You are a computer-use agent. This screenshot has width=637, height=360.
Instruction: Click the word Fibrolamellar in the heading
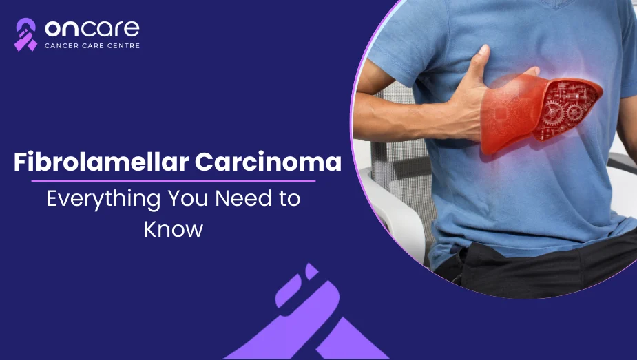pos(101,162)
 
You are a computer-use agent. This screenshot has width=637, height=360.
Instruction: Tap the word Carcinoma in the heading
pos(268,162)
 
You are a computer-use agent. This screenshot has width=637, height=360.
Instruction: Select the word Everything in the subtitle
pos(103,200)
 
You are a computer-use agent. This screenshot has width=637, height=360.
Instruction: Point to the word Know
pos(174,229)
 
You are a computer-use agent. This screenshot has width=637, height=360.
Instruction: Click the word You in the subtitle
pos(188,198)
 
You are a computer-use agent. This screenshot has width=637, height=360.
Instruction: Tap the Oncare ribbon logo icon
pos(25,34)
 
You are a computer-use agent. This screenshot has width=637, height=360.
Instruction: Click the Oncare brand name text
pos(92,28)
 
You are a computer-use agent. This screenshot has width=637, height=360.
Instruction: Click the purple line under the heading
pos(174,181)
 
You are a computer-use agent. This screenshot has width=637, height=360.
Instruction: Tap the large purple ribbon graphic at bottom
pos(306,317)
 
